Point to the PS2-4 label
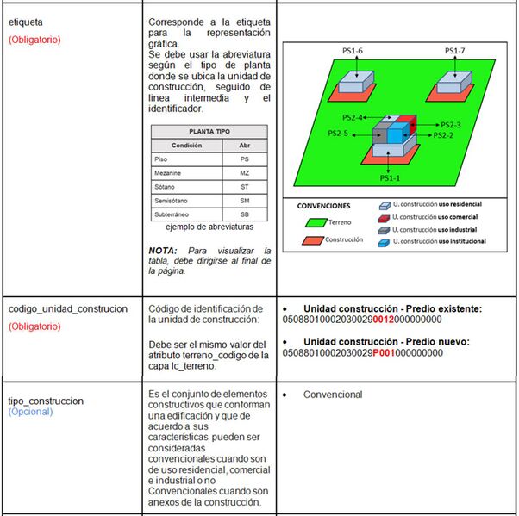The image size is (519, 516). click(x=354, y=117)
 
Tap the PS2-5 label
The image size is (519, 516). click(x=338, y=134)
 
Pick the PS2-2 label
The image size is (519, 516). click(x=443, y=135)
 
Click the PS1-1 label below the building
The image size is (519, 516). click(x=391, y=177)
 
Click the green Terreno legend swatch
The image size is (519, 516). click(x=312, y=222)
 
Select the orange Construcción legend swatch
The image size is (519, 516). click(x=312, y=240)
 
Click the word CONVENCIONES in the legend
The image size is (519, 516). click(x=323, y=207)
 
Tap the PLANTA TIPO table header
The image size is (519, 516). click(x=209, y=131)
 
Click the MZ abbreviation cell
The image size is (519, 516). click(x=244, y=173)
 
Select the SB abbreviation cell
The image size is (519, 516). click(x=244, y=214)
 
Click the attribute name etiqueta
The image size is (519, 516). click(x=26, y=22)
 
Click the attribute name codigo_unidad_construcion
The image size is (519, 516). click(x=68, y=308)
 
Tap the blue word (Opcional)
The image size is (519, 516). click(x=30, y=412)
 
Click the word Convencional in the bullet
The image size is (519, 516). click(x=333, y=395)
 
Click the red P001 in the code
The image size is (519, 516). click(x=384, y=352)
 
